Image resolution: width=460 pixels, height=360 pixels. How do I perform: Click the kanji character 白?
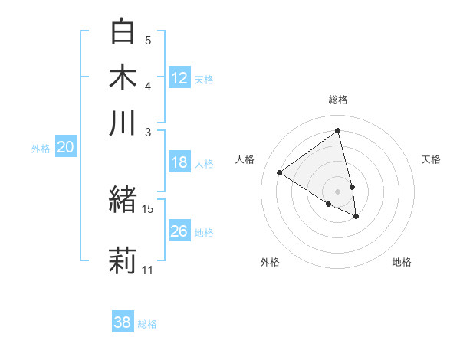[x=123, y=33]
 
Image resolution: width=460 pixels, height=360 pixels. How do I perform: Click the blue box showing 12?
[x=179, y=77]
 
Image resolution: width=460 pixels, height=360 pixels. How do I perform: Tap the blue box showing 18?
[x=179, y=162]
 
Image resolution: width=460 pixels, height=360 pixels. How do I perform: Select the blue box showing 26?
[x=179, y=231]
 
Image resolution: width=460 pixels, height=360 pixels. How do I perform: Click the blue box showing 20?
[x=65, y=148]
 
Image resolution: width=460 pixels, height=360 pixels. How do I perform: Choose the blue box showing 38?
[x=123, y=322]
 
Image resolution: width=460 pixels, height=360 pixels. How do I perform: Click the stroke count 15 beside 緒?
[x=148, y=208]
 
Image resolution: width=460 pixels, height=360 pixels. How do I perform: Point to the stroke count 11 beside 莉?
[x=148, y=270]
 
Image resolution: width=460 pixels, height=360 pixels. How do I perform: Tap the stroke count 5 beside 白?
[x=148, y=41]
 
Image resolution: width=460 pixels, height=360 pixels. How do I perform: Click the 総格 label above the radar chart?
[x=337, y=100]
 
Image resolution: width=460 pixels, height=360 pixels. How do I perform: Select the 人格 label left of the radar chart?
[x=245, y=159]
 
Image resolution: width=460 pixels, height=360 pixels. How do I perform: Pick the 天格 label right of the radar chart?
[x=431, y=159]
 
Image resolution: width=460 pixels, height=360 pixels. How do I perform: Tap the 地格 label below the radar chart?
[x=402, y=262]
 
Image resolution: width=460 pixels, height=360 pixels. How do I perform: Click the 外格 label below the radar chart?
[x=270, y=262]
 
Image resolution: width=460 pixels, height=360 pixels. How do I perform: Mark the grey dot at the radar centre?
[x=337, y=191]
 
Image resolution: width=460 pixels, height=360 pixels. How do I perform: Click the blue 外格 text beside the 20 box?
[x=41, y=149]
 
